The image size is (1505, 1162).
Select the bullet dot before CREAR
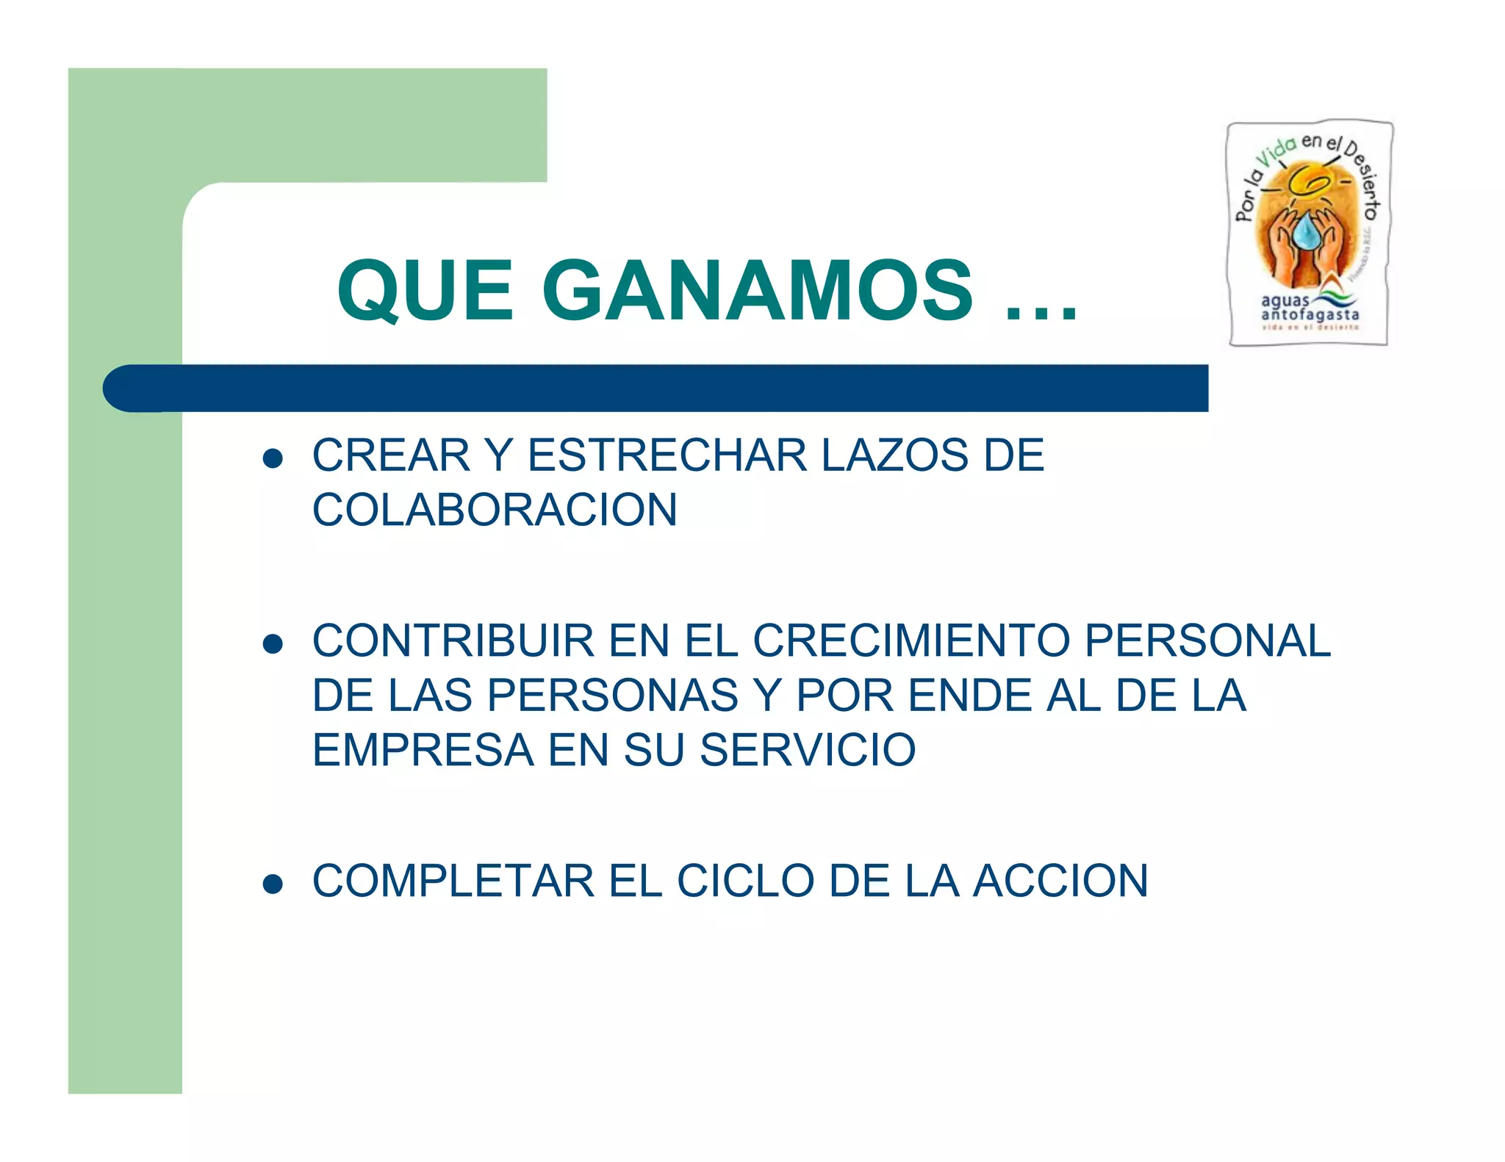[273, 459]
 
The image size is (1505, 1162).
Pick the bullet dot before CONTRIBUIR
[273, 644]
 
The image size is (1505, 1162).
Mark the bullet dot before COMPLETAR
[273, 884]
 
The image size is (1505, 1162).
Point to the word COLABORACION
[495, 510]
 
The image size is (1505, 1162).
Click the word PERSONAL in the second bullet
[1207, 640]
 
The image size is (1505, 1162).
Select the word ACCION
[1060, 881]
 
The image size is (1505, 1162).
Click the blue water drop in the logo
[1307, 231]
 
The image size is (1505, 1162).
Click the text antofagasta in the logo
[1310, 315]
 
